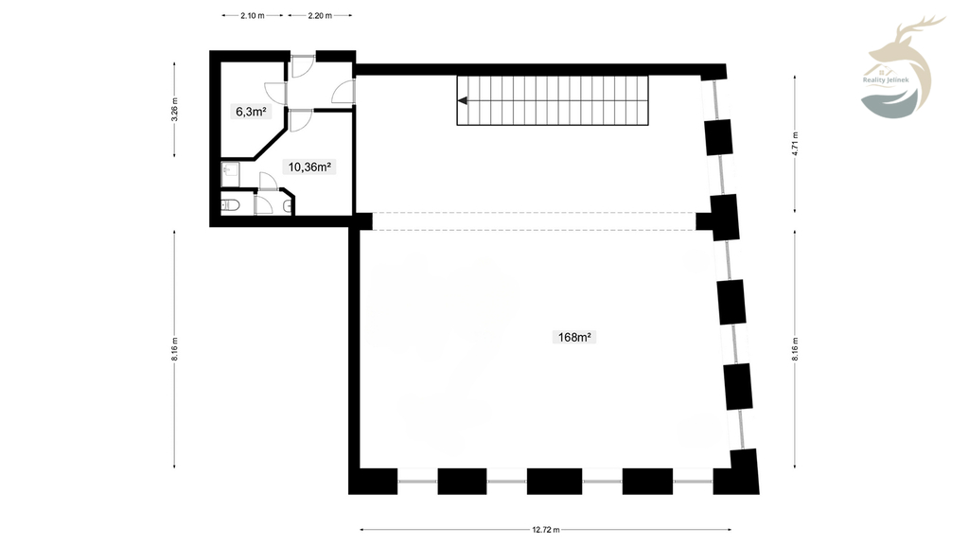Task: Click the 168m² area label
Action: pyautogui.click(x=574, y=337)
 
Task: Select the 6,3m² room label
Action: pyautogui.click(x=251, y=112)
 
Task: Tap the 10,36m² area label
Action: pyautogui.click(x=309, y=167)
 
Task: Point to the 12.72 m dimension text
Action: pyautogui.click(x=546, y=530)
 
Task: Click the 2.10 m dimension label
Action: pyautogui.click(x=252, y=15)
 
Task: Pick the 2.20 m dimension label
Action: pyautogui.click(x=320, y=15)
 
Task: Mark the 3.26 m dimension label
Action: pyautogui.click(x=174, y=110)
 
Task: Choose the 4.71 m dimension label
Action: pyautogui.click(x=795, y=144)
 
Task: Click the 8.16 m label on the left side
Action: pyautogui.click(x=174, y=349)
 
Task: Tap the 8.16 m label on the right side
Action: pyautogui.click(x=795, y=349)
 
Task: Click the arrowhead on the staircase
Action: pyautogui.click(x=462, y=100)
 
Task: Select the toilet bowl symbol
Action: pyautogui.click(x=231, y=204)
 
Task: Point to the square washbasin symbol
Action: pyautogui.click(x=231, y=174)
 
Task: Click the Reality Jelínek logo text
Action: pyautogui.click(x=886, y=79)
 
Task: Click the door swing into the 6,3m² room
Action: pyautogui.click(x=276, y=93)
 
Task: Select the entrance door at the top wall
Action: pyautogui.click(x=303, y=66)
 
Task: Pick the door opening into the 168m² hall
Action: pyautogui.click(x=344, y=92)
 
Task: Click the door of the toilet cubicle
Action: pyautogui.click(x=264, y=204)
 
